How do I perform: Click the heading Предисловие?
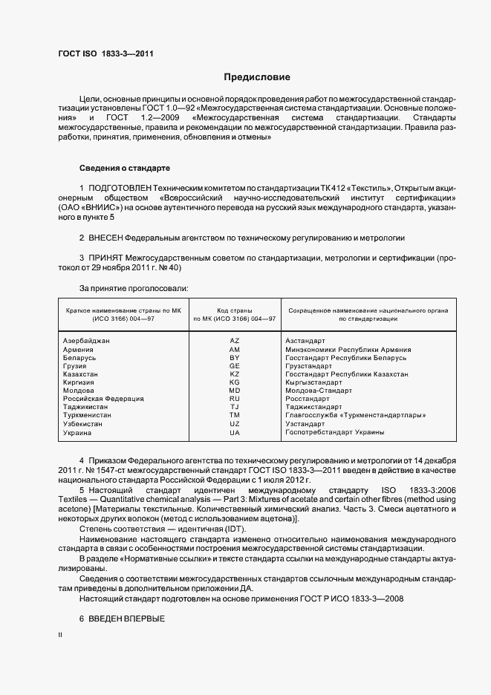pos(257,77)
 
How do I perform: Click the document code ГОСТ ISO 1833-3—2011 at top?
pos(105,54)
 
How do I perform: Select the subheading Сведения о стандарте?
pos(125,169)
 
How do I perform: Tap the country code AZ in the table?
pos(235,340)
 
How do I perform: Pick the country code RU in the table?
pos(235,399)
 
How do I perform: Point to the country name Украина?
pos(77,432)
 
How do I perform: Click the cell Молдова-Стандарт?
pos(319,391)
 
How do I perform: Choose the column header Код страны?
pos(235,308)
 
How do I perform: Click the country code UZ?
pos(235,424)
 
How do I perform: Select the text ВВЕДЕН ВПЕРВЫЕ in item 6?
pos(126,619)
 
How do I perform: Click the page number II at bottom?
pos(60,635)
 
